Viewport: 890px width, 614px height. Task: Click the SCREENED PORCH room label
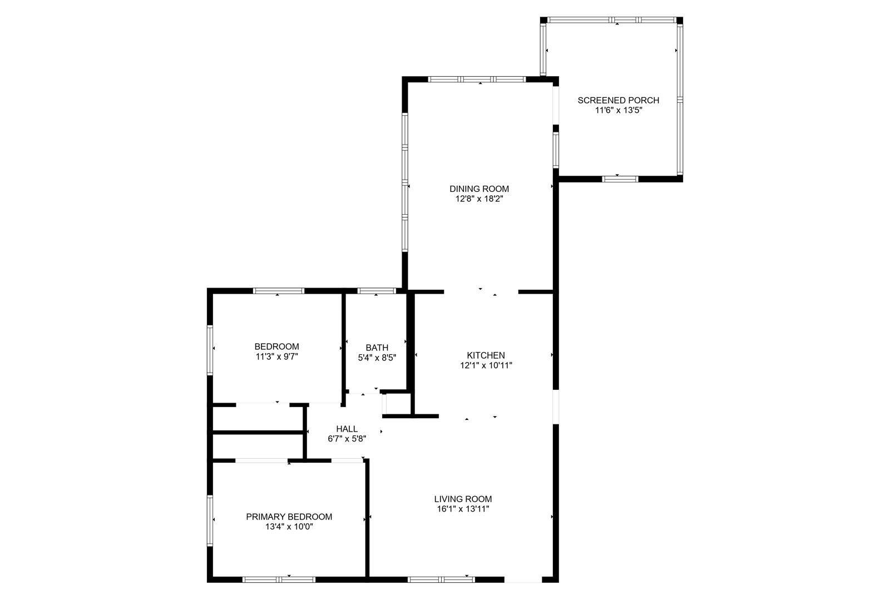[x=618, y=101]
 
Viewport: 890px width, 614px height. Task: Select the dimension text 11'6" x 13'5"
[x=618, y=111]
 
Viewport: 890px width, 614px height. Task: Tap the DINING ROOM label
[x=479, y=189]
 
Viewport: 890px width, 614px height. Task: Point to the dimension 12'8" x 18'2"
[x=479, y=199]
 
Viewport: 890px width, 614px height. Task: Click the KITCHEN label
[x=486, y=355]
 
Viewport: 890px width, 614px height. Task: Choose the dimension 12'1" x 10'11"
[x=486, y=365]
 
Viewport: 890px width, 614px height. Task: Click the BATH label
[x=377, y=348]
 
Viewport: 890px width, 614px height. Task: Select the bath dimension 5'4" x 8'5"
[x=377, y=358]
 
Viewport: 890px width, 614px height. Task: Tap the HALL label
[x=347, y=429]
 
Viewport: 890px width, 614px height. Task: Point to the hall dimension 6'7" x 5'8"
[x=347, y=439]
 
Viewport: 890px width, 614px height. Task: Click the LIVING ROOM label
[x=463, y=499]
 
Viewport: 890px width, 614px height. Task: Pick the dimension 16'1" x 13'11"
[x=463, y=509]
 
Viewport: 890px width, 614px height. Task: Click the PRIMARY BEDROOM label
[x=289, y=517]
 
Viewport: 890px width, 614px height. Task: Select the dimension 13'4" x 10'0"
[x=289, y=527]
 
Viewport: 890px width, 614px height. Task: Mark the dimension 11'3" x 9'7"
[x=276, y=356]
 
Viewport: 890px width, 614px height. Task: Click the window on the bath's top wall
[x=377, y=291]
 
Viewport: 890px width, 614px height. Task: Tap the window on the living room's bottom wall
[x=441, y=580]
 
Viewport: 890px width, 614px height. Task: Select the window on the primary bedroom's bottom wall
[x=279, y=580]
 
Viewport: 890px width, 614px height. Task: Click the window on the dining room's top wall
[x=477, y=80]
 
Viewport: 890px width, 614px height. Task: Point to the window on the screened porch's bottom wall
[x=620, y=179]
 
